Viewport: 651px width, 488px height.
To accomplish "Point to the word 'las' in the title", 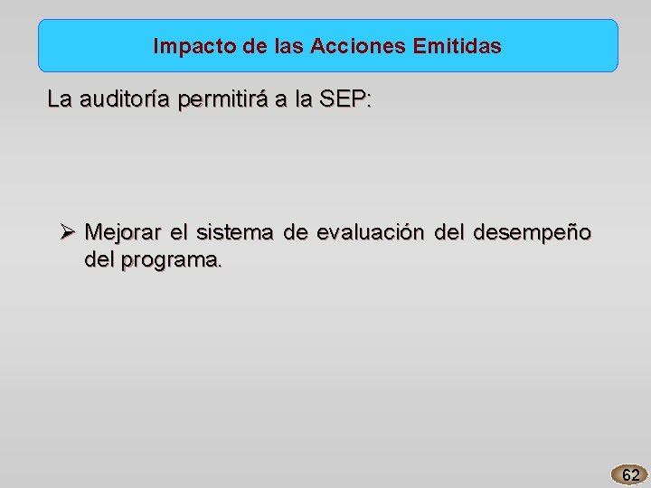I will pos(284,46).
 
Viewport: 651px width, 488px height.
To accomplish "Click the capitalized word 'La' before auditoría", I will pos(60,100).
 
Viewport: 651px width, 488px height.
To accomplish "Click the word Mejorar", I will pos(122,232).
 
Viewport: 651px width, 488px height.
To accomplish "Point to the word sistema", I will pos(235,232).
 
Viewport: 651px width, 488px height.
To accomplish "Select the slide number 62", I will pos(630,474).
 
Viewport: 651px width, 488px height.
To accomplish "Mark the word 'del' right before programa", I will pos(100,260).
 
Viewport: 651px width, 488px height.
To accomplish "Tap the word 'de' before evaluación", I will pos(295,232).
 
